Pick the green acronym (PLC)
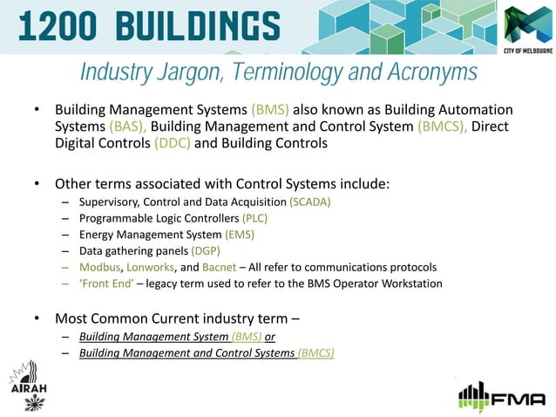254,219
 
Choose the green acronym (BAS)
128,127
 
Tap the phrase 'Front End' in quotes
105,284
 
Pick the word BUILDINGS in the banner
193,25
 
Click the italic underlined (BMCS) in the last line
315,353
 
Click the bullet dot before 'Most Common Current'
37,317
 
